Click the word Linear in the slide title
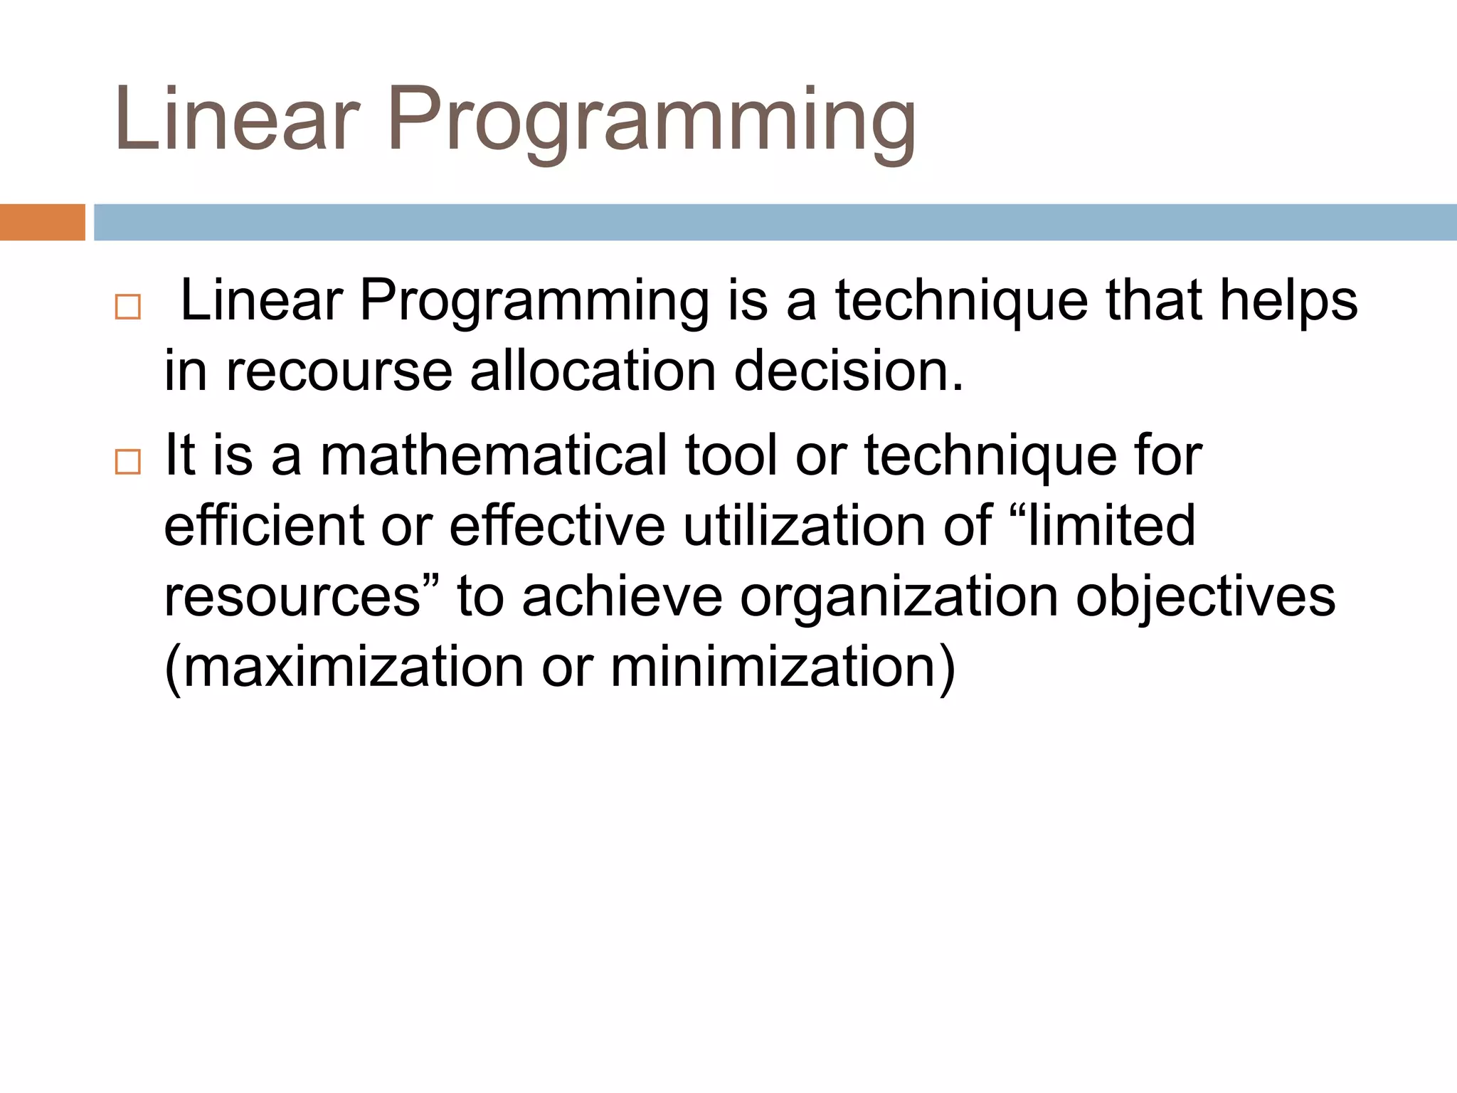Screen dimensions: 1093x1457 [x=237, y=119]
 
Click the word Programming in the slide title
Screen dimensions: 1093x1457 [x=651, y=119]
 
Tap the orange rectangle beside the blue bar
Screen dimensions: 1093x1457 [x=42, y=222]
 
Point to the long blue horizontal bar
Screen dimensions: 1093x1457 [x=774, y=222]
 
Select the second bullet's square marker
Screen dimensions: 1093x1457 [x=128, y=462]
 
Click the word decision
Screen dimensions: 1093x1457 [x=847, y=371]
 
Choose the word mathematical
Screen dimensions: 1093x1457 [x=493, y=455]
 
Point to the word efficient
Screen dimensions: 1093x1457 [x=263, y=526]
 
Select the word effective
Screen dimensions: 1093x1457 [x=557, y=526]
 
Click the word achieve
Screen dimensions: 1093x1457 [x=622, y=596]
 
